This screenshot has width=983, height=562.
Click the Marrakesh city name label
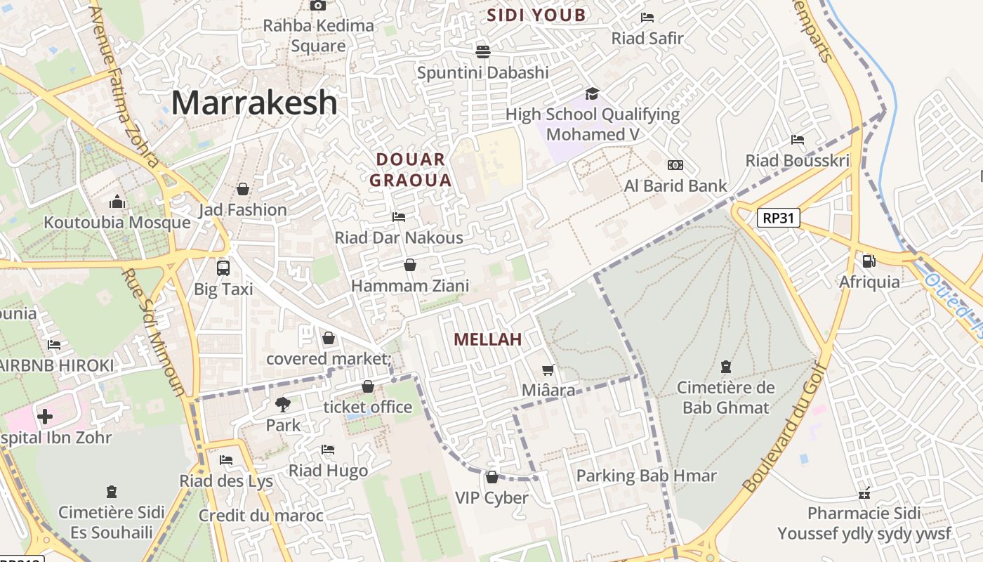click(254, 103)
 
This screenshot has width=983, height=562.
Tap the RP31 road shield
click(779, 218)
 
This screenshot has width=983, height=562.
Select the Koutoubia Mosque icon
click(117, 203)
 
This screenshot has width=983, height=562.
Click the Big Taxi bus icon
click(223, 268)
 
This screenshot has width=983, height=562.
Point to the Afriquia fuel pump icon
click(869, 261)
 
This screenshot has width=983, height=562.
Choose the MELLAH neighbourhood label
click(487, 339)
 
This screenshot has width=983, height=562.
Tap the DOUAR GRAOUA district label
click(411, 170)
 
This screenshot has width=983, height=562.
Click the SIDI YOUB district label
click(536, 15)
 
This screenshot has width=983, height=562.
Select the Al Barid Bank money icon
click(675, 165)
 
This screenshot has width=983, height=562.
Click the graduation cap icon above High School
click(593, 93)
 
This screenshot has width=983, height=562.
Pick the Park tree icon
click(283, 404)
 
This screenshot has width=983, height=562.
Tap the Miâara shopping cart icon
click(548, 370)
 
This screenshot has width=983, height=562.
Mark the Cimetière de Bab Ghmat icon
click(725, 367)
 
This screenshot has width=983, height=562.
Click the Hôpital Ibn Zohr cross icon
click(45, 417)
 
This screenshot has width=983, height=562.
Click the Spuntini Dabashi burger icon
click(482, 51)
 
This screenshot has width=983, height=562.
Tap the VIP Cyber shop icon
click(491, 477)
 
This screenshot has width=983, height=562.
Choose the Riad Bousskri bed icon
click(797, 140)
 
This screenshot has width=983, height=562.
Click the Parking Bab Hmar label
click(646, 476)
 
